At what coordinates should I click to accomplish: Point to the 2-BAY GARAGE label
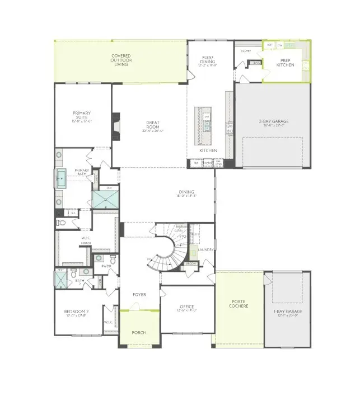[272, 122]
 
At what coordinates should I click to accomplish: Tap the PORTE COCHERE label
[239, 303]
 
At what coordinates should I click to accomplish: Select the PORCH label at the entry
[139, 333]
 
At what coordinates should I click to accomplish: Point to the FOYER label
[139, 294]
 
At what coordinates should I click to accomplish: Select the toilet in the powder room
[113, 260]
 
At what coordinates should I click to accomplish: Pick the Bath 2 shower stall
[60, 279]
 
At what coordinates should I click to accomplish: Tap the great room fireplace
[116, 126]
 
